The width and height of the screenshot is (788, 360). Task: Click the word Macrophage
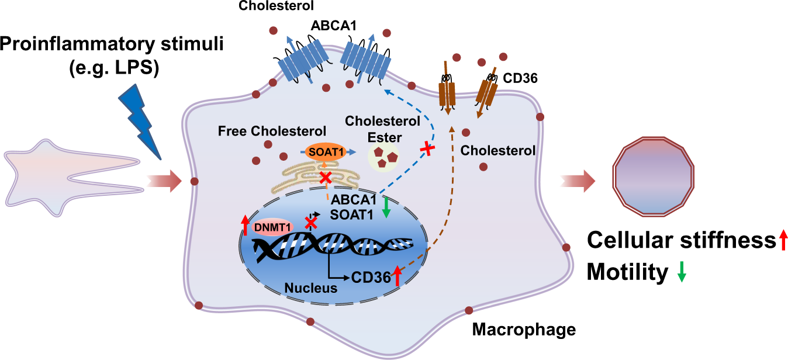(524, 330)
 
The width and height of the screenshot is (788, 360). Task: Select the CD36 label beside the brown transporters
(520, 78)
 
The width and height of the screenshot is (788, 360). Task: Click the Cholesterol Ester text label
(383, 129)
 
